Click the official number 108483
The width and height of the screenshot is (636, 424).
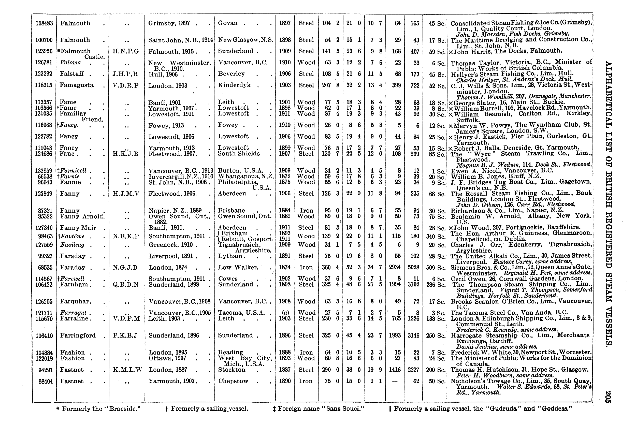44,23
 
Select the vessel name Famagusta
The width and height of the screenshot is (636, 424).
77,85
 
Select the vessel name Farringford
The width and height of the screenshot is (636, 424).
78,335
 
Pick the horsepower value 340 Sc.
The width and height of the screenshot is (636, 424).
436,237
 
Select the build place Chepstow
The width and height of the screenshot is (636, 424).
233,381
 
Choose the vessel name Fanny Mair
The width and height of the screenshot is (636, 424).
78,228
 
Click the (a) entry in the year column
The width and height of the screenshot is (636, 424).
285,313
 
